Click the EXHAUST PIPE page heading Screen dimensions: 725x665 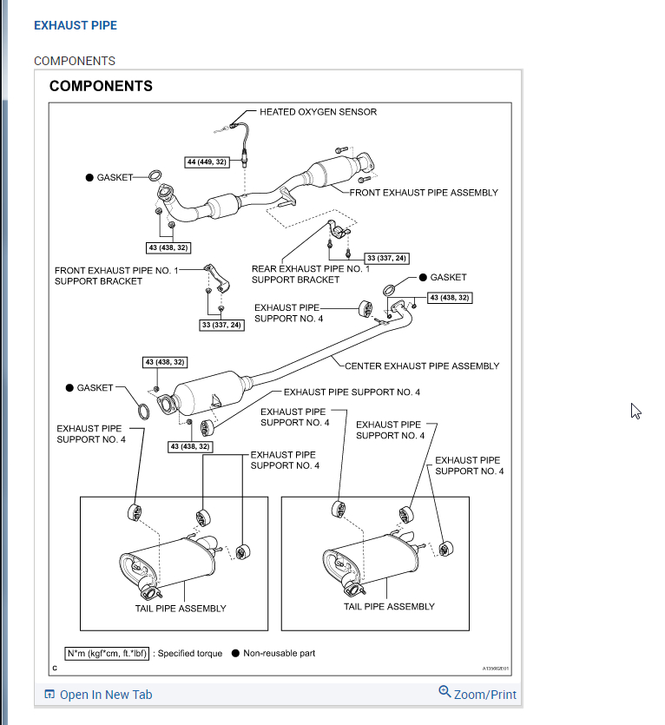click(76, 25)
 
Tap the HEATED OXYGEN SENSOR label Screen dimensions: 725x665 click(318, 112)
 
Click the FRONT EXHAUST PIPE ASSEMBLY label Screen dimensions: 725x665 click(424, 192)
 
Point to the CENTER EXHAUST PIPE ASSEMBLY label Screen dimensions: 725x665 click(422, 366)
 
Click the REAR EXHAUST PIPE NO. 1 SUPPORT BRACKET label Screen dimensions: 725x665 click(310, 274)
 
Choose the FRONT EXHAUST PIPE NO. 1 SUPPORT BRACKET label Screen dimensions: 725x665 click(115, 275)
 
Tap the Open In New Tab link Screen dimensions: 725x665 click(98, 694)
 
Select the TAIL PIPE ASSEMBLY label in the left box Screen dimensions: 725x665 click(181, 608)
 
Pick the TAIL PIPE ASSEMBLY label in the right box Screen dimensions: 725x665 click(389, 606)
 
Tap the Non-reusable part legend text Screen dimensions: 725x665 click(279, 653)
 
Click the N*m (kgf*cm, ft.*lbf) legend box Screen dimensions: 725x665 click(108, 653)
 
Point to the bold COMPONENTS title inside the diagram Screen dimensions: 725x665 click(101, 86)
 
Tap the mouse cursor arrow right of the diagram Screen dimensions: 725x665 click(635, 410)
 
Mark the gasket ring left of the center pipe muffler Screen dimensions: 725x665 click(146, 407)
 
